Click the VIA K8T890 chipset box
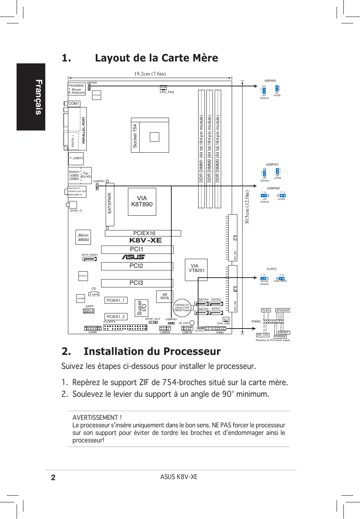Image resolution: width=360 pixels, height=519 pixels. coord(142,202)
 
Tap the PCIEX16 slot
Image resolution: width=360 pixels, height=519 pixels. coord(143,233)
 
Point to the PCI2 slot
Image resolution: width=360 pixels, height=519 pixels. coord(137,266)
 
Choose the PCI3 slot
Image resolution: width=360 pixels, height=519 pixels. coord(137,283)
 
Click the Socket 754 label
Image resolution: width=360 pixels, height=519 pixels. coord(135,136)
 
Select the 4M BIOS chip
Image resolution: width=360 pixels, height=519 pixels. coord(165,296)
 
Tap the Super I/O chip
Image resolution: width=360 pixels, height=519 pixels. coord(142,308)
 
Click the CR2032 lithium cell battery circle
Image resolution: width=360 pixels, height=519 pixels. coord(182,308)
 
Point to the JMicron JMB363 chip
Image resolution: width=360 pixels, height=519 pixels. coord(83,237)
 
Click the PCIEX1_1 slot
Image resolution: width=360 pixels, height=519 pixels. coord(115,301)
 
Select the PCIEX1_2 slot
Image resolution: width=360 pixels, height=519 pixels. coord(115,317)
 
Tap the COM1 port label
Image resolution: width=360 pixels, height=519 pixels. coord(74,104)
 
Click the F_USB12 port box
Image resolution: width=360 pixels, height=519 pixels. coord(76,158)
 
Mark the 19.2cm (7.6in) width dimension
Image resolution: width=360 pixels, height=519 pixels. coord(150,74)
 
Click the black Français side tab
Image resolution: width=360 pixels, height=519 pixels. coord(31,97)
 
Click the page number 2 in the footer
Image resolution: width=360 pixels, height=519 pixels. coord(53,478)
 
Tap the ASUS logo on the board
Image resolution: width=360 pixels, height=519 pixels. coord(133,257)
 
